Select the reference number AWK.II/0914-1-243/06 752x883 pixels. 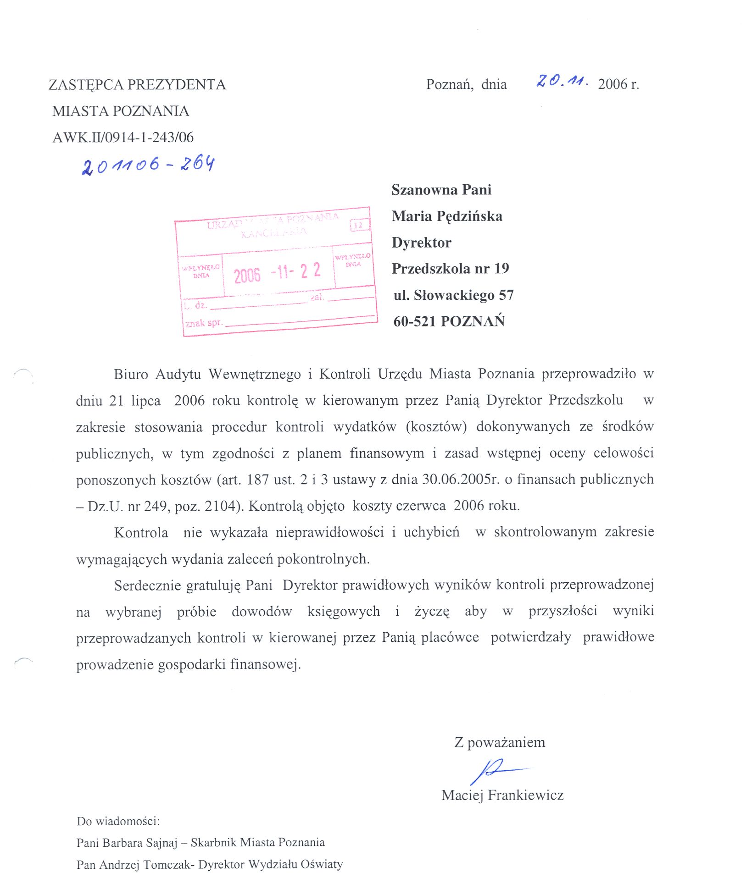click(x=123, y=137)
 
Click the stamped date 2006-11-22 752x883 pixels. click(x=277, y=273)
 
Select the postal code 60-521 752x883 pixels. click(x=414, y=321)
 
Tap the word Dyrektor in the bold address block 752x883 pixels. click(x=422, y=243)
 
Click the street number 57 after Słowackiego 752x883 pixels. click(x=506, y=295)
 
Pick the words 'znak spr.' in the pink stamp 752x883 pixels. click(x=204, y=323)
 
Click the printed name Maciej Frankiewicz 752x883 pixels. click(x=502, y=795)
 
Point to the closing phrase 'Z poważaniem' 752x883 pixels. click(x=500, y=742)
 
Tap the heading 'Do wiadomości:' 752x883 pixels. click(x=118, y=821)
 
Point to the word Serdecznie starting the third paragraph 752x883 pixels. click(x=148, y=585)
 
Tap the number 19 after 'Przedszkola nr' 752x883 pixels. click(x=501, y=269)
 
